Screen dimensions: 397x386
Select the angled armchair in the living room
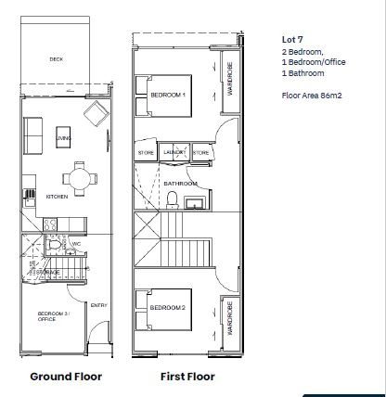point(96,115)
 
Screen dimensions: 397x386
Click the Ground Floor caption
point(66,377)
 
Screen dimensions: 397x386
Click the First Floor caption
point(188,377)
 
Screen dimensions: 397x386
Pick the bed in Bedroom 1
point(168,95)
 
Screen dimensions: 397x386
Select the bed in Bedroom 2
point(167,307)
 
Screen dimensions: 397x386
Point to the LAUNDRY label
point(174,152)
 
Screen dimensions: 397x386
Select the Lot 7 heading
point(291,39)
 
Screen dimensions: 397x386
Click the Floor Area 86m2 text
point(306,95)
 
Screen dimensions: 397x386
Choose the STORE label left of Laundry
point(147,152)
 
